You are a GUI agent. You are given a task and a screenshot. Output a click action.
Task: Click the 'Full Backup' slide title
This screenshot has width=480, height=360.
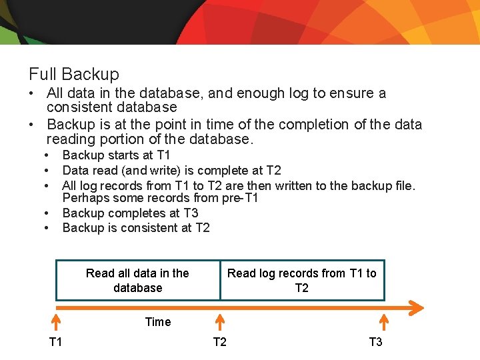pyautogui.click(x=74, y=74)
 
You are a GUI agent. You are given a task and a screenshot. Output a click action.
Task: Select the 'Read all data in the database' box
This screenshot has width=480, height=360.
pyautogui.click(x=137, y=280)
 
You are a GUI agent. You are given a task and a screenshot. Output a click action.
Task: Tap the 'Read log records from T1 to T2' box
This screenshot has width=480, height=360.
pyautogui.click(x=302, y=280)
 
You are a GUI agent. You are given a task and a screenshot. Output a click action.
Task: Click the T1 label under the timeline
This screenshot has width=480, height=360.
pyautogui.click(x=56, y=342)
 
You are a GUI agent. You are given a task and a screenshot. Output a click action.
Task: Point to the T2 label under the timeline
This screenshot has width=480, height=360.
pyautogui.click(x=219, y=342)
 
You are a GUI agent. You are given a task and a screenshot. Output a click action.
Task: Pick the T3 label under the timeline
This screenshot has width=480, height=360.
pyautogui.click(x=375, y=342)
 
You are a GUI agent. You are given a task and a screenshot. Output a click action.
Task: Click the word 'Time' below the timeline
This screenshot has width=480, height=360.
pyautogui.click(x=158, y=322)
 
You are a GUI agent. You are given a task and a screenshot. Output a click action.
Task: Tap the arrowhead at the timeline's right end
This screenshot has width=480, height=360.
pyautogui.click(x=416, y=307)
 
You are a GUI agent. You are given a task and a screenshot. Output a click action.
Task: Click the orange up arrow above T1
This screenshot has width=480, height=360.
pyautogui.click(x=57, y=323)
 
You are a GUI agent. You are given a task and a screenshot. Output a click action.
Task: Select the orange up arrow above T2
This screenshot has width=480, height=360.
pyautogui.click(x=220, y=323)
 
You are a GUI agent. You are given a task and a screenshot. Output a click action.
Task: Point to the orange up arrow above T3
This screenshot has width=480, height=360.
pyautogui.click(x=384, y=323)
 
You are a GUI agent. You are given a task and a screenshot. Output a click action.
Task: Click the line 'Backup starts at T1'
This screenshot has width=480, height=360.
pyautogui.click(x=117, y=155)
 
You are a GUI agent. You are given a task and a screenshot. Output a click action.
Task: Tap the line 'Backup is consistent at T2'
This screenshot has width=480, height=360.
pyautogui.click(x=136, y=228)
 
